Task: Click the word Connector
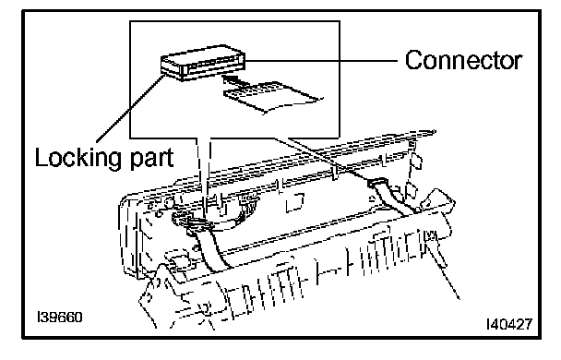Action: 463,60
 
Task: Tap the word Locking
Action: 78,158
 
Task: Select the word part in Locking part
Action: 151,159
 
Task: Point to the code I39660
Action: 60,317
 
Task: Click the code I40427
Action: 509,324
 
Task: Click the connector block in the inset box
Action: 203,63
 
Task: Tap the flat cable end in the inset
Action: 272,97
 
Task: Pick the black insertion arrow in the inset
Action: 233,78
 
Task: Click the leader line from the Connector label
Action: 321,61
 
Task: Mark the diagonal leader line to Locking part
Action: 131,107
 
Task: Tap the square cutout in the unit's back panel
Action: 295,202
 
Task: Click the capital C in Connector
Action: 414,61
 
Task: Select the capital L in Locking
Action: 42,157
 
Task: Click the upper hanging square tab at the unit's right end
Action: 416,162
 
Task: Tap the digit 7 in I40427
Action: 527,324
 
